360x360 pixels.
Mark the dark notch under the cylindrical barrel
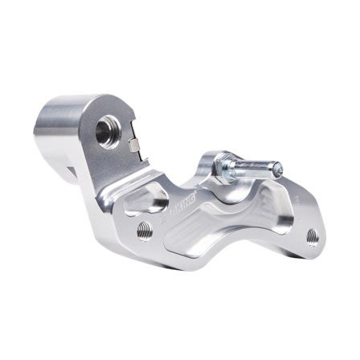74,170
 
